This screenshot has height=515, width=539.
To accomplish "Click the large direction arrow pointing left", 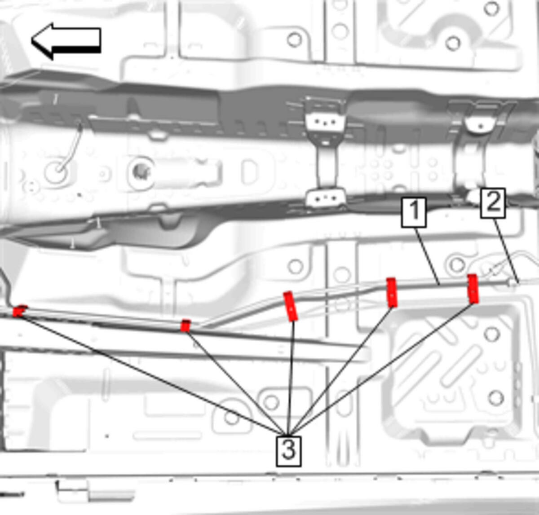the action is (x=66, y=41).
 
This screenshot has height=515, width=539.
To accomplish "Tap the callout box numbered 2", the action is (x=493, y=203).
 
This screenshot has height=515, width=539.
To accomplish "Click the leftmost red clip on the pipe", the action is (x=19, y=311).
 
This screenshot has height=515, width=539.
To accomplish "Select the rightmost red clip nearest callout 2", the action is (x=473, y=289).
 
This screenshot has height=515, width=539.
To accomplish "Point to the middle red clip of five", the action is (x=291, y=306).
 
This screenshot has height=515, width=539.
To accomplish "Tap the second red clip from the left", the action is (x=186, y=326).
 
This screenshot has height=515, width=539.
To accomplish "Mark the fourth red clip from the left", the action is (x=392, y=292).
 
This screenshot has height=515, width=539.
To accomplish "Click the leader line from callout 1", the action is (x=427, y=256).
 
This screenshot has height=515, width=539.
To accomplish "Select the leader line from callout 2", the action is (x=505, y=251).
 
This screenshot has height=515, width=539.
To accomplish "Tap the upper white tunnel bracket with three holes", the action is (x=325, y=122).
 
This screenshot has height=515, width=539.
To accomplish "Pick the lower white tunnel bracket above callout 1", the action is (x=326, y=198).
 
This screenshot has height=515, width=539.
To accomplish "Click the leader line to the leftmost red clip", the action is (x=152, y=376).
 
